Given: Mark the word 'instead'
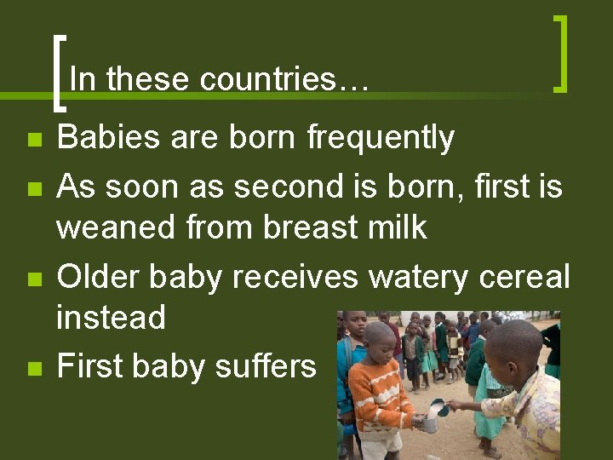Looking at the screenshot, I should (x=111, y=318).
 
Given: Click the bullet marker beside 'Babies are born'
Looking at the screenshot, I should (x=33, y=140).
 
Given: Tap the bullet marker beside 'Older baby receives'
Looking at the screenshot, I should (x=33, y=279).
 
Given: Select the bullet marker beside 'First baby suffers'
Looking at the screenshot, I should (x=33, y=369).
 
